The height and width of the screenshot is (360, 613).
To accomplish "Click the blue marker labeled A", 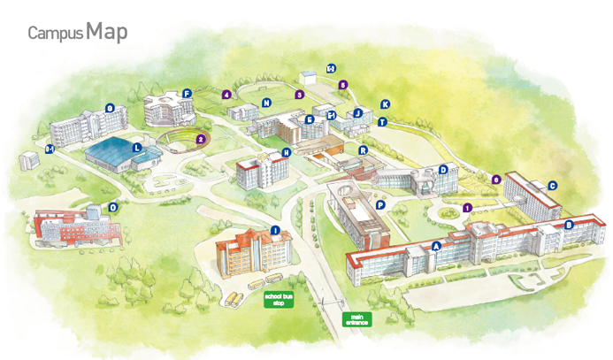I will point(436,247).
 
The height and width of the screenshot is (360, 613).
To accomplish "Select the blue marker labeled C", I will point(553,186).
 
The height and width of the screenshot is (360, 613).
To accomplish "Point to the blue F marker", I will point(187,93).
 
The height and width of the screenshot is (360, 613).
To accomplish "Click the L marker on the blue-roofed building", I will point(136,149).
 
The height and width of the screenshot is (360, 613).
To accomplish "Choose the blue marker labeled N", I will point(265,103).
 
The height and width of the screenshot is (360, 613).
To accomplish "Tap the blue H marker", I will point(286,152).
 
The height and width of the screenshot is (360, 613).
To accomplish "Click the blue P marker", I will point(379,204).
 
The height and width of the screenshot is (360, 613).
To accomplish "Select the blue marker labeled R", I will point(363,150).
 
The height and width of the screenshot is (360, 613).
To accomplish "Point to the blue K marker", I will point(385,104).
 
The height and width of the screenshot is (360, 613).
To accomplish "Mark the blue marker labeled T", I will point(382,122).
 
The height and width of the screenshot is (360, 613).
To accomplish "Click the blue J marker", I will point(358,113).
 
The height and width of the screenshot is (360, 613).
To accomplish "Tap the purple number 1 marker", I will point(467,208).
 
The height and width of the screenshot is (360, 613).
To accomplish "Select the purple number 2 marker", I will point(201,139).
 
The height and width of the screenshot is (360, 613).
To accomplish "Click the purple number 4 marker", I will point(227,94).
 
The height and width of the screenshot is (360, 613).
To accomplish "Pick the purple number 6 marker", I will point(496,180).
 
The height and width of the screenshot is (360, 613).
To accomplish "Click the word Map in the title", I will point(107,32).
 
